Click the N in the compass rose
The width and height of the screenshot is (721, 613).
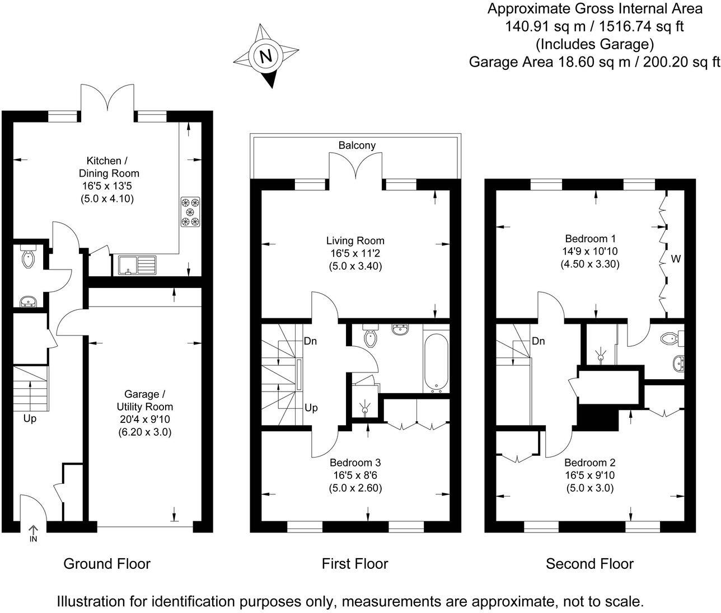click(266, 56)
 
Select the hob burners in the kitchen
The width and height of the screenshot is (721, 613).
click(190, 212)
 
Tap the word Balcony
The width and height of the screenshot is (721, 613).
click(357, 145)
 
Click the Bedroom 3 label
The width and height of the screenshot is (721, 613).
click(355, 463)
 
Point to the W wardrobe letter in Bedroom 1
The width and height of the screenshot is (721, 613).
click(676, 259)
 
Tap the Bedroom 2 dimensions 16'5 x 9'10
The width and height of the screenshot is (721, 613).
click(589, 475)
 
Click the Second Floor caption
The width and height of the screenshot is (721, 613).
click(589, 564)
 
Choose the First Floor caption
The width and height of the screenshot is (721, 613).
click(354, 564)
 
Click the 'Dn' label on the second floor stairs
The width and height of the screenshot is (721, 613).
click(539, 341)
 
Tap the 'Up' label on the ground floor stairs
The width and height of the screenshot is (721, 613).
click(30, 418)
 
